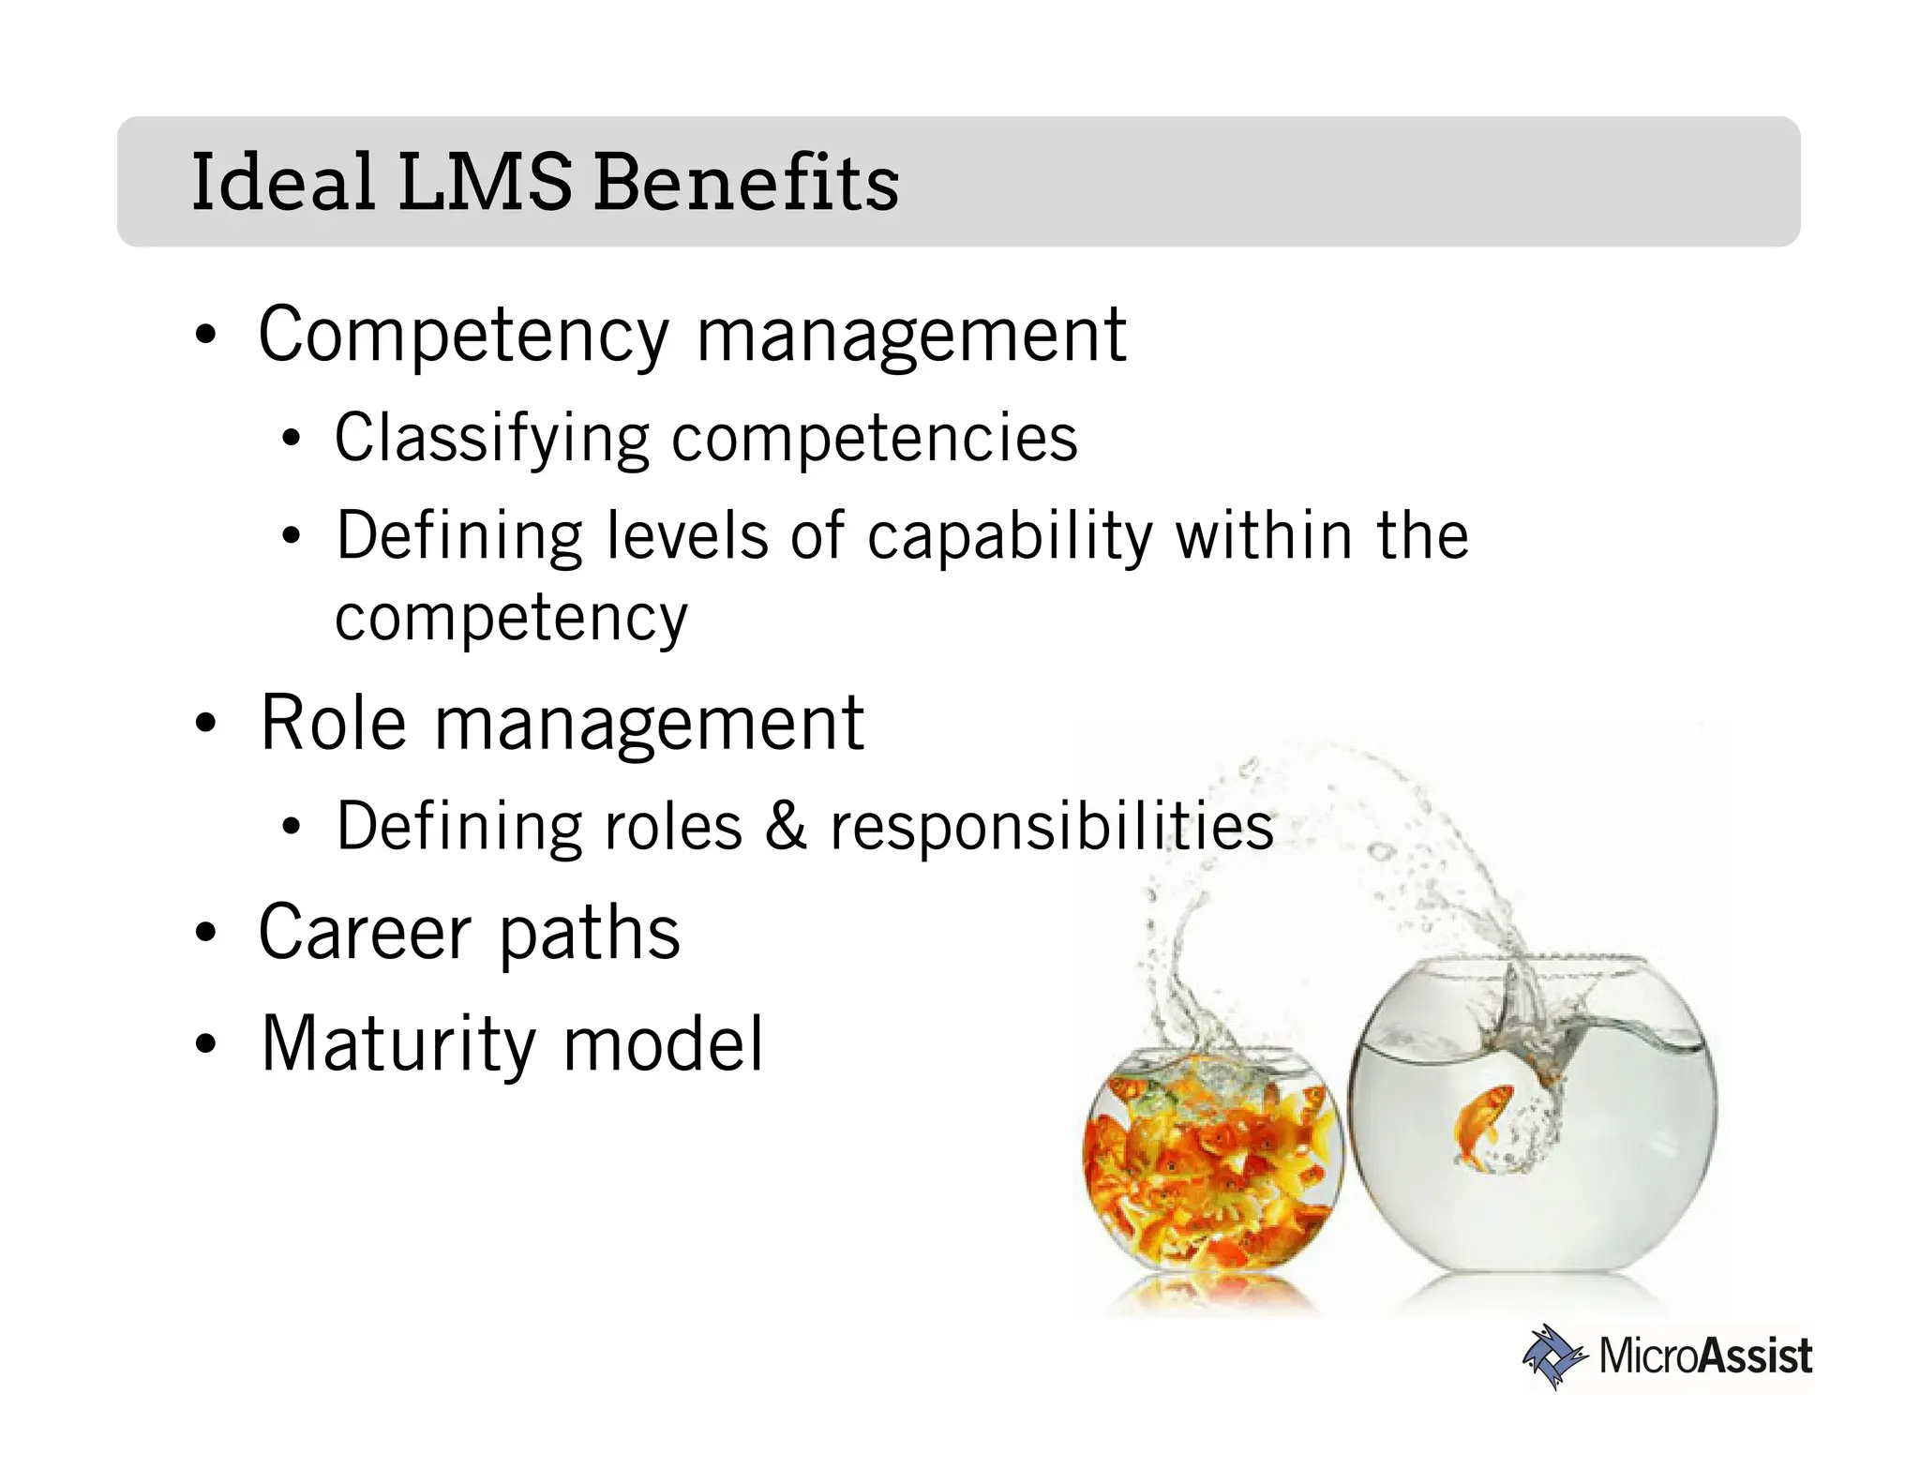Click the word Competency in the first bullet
(463, 336)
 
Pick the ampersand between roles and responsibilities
(786, 826)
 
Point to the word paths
(590, 935)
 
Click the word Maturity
(398, 1043)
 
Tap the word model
(663, 1043)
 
